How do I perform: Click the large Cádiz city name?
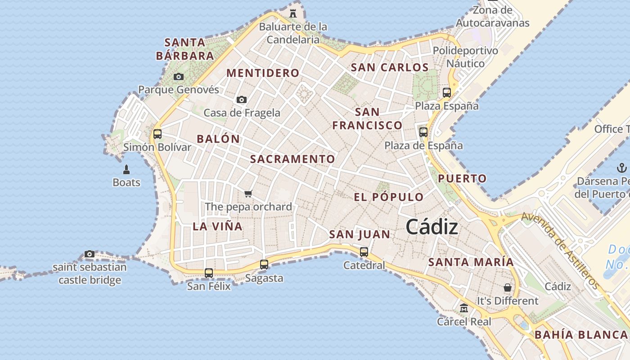(432, 227)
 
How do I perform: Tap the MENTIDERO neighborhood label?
(263, 73)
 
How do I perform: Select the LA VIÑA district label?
(218, 226)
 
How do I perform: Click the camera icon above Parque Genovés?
(179, 76)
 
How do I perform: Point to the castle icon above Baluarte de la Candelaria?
(293, 13)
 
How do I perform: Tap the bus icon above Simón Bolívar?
(157, 134)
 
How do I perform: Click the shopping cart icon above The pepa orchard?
(248, 193)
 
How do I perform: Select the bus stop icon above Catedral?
(364, 252)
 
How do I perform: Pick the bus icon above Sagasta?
(264, 265)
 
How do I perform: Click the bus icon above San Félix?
(208, 273)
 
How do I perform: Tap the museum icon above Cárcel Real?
(464, 308)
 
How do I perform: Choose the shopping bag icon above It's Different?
(508, 287)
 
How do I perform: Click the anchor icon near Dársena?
(621, 168)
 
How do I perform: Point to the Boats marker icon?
(126, 170)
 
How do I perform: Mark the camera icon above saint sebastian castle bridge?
(90, 254)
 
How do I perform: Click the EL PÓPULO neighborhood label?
(389, 197)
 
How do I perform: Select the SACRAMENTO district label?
(292, 159)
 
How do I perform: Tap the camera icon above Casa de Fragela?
(242, 99)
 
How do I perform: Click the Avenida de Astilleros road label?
(561, 250)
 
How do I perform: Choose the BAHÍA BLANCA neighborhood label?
(581, 335)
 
